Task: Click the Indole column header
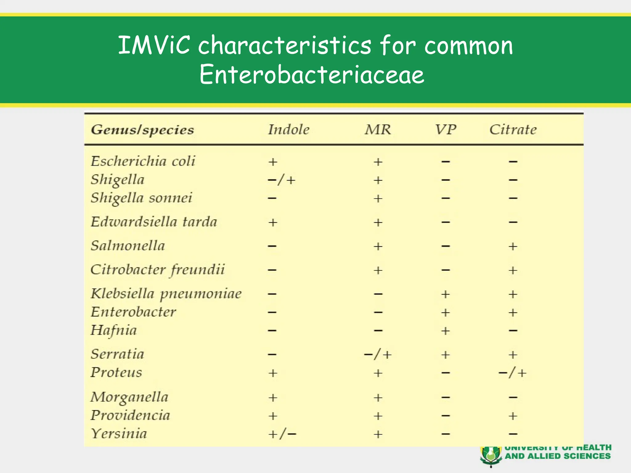click(289, 130)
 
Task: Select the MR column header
click(378, 130)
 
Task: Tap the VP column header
click(446, 130)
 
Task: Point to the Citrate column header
click(513, 130)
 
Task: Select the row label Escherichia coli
click(143, 161)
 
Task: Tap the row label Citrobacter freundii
click(157, 270)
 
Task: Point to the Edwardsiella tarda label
click(154, 222)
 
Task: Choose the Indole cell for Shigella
click(282, 180)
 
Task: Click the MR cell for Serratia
click(378, 355)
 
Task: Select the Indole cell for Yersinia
click(282, 434)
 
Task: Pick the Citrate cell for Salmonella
click(513, 246)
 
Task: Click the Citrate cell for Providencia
click(513, 416)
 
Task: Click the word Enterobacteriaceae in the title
click(312, 75)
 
